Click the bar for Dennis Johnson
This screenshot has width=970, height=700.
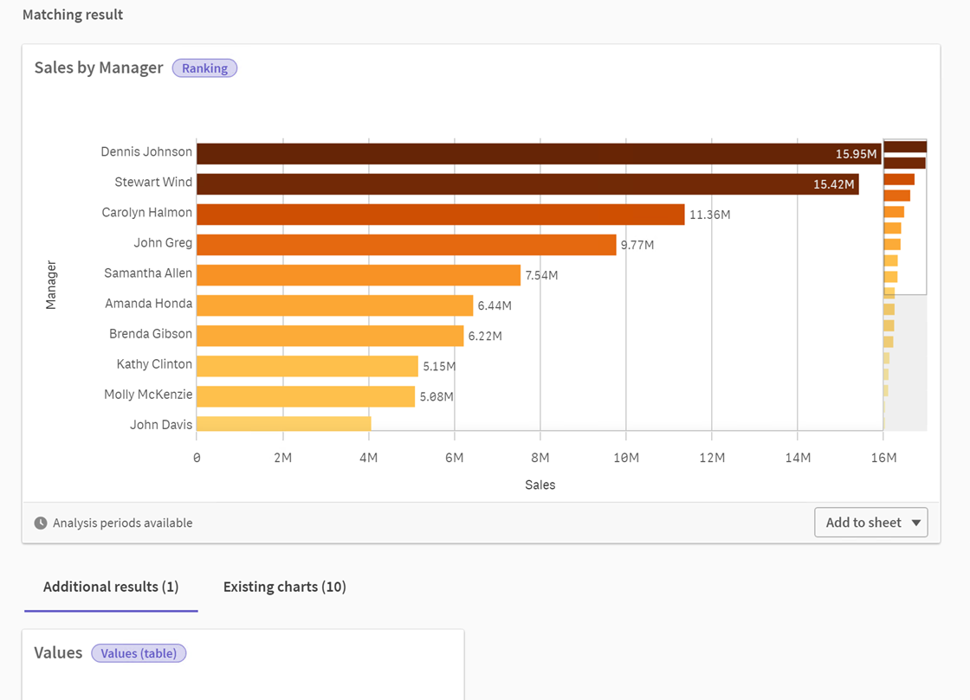pos(520,153)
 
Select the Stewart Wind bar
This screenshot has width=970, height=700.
pos(520,183)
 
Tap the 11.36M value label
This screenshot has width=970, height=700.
pos(709,215)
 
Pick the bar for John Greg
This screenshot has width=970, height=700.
pos(406,244)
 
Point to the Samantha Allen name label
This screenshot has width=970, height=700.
pos(148,273)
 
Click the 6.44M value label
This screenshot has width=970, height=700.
pos(495,305)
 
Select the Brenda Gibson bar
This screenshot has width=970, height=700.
pos(330,335)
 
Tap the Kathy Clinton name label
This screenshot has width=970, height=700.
pos(154,364)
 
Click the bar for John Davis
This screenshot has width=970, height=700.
pos(283,424)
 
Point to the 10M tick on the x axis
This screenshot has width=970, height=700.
pos(625,458)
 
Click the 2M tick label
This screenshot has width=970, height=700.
pos(282,458)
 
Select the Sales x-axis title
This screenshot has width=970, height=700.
pos(540,485)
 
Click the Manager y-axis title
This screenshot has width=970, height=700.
pos(51,285)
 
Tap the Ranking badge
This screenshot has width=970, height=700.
pos(204,68)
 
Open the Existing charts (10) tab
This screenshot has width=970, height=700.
pos(284,587)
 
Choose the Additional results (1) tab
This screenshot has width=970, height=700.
pos(111,587)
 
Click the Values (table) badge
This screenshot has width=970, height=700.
pos(139,653)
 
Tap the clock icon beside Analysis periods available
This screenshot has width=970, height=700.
pos(41,523)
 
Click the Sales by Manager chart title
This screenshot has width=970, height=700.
pos(99,67)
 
